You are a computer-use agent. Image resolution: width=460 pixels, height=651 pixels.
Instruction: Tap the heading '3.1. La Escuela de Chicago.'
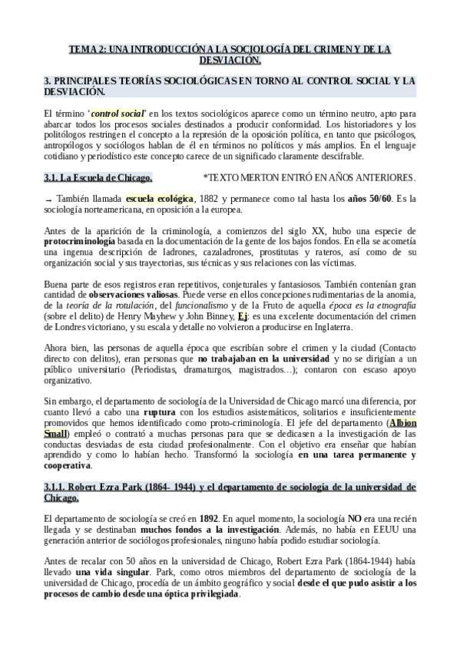tap(98, 178)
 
